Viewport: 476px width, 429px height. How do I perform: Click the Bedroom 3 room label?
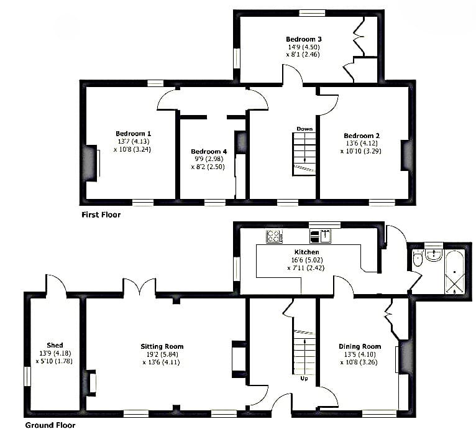(x=304, y=39)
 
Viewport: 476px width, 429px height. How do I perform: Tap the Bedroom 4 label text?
(x=209, y=151)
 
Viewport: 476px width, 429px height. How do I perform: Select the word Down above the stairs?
(x=304, y=129)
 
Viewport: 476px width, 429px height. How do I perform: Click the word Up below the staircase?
(x=304, y=379)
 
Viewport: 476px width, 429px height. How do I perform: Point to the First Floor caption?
(x=101, y=214)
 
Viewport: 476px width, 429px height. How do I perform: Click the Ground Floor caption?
(x=50, y=425)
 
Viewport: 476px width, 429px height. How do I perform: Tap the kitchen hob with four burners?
(x=275, y=236)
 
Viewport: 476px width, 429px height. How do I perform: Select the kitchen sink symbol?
(x=321, y=236)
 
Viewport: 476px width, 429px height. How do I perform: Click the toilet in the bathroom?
(x=418, y=259)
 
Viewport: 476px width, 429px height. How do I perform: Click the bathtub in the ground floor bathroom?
(x=454, y=272)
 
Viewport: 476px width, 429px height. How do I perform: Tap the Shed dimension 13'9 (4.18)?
(x=55, y=353)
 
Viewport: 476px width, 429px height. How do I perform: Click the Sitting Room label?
(x=162, y=346)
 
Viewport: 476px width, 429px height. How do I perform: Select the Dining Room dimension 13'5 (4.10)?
(x=360, y=354)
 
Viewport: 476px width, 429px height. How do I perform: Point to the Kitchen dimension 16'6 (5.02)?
(x=306, y=260)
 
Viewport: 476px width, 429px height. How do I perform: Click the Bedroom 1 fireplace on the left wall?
(x=91, y=164)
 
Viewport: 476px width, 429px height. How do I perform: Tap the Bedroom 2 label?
(x=362, y=136)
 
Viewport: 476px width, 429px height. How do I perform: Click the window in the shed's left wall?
(x=27, y=376)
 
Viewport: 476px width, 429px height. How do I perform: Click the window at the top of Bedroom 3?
(x=312, y=13)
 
